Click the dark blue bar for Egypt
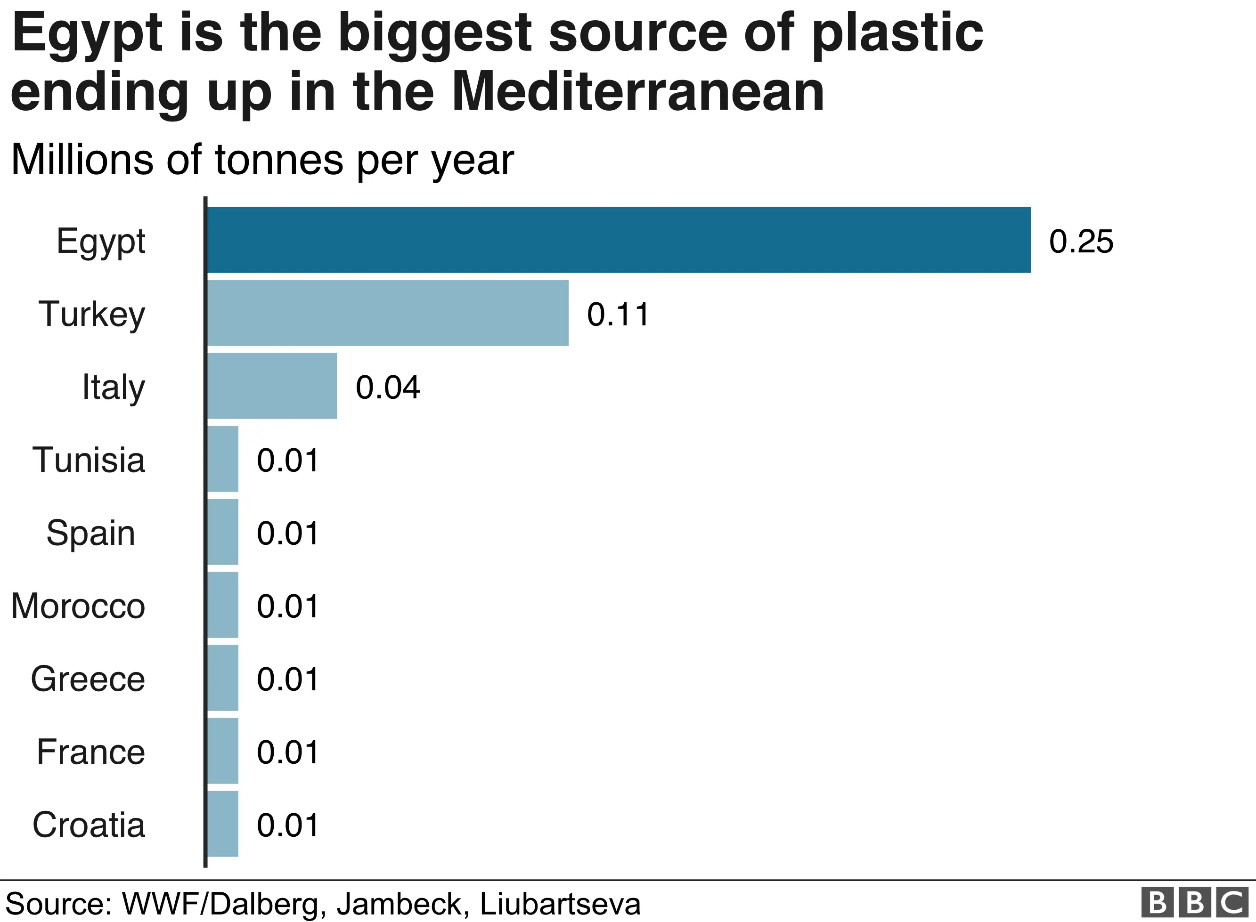click(x=619, y=240)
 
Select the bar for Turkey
click(x=388, y=313)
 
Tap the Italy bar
click(x=272, y=386)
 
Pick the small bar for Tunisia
click(x=223, y=459)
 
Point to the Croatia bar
click(x=223, y=824)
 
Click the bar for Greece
click(x=223, y=678)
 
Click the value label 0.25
click(x=1081, y=242)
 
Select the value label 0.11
click(x=618, y=314)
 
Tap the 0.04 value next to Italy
click(x=387, y=388)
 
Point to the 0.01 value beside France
click(x=287, y=752)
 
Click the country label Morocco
click(x=78, y=606)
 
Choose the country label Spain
click(x=90, y=533)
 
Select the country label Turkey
click(x=91, y=314)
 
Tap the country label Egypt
click(x=100, y=242)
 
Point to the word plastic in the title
click(x=897, y=33)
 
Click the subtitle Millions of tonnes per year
click(x=262, y=160)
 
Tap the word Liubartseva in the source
click(x=560, y=904)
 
